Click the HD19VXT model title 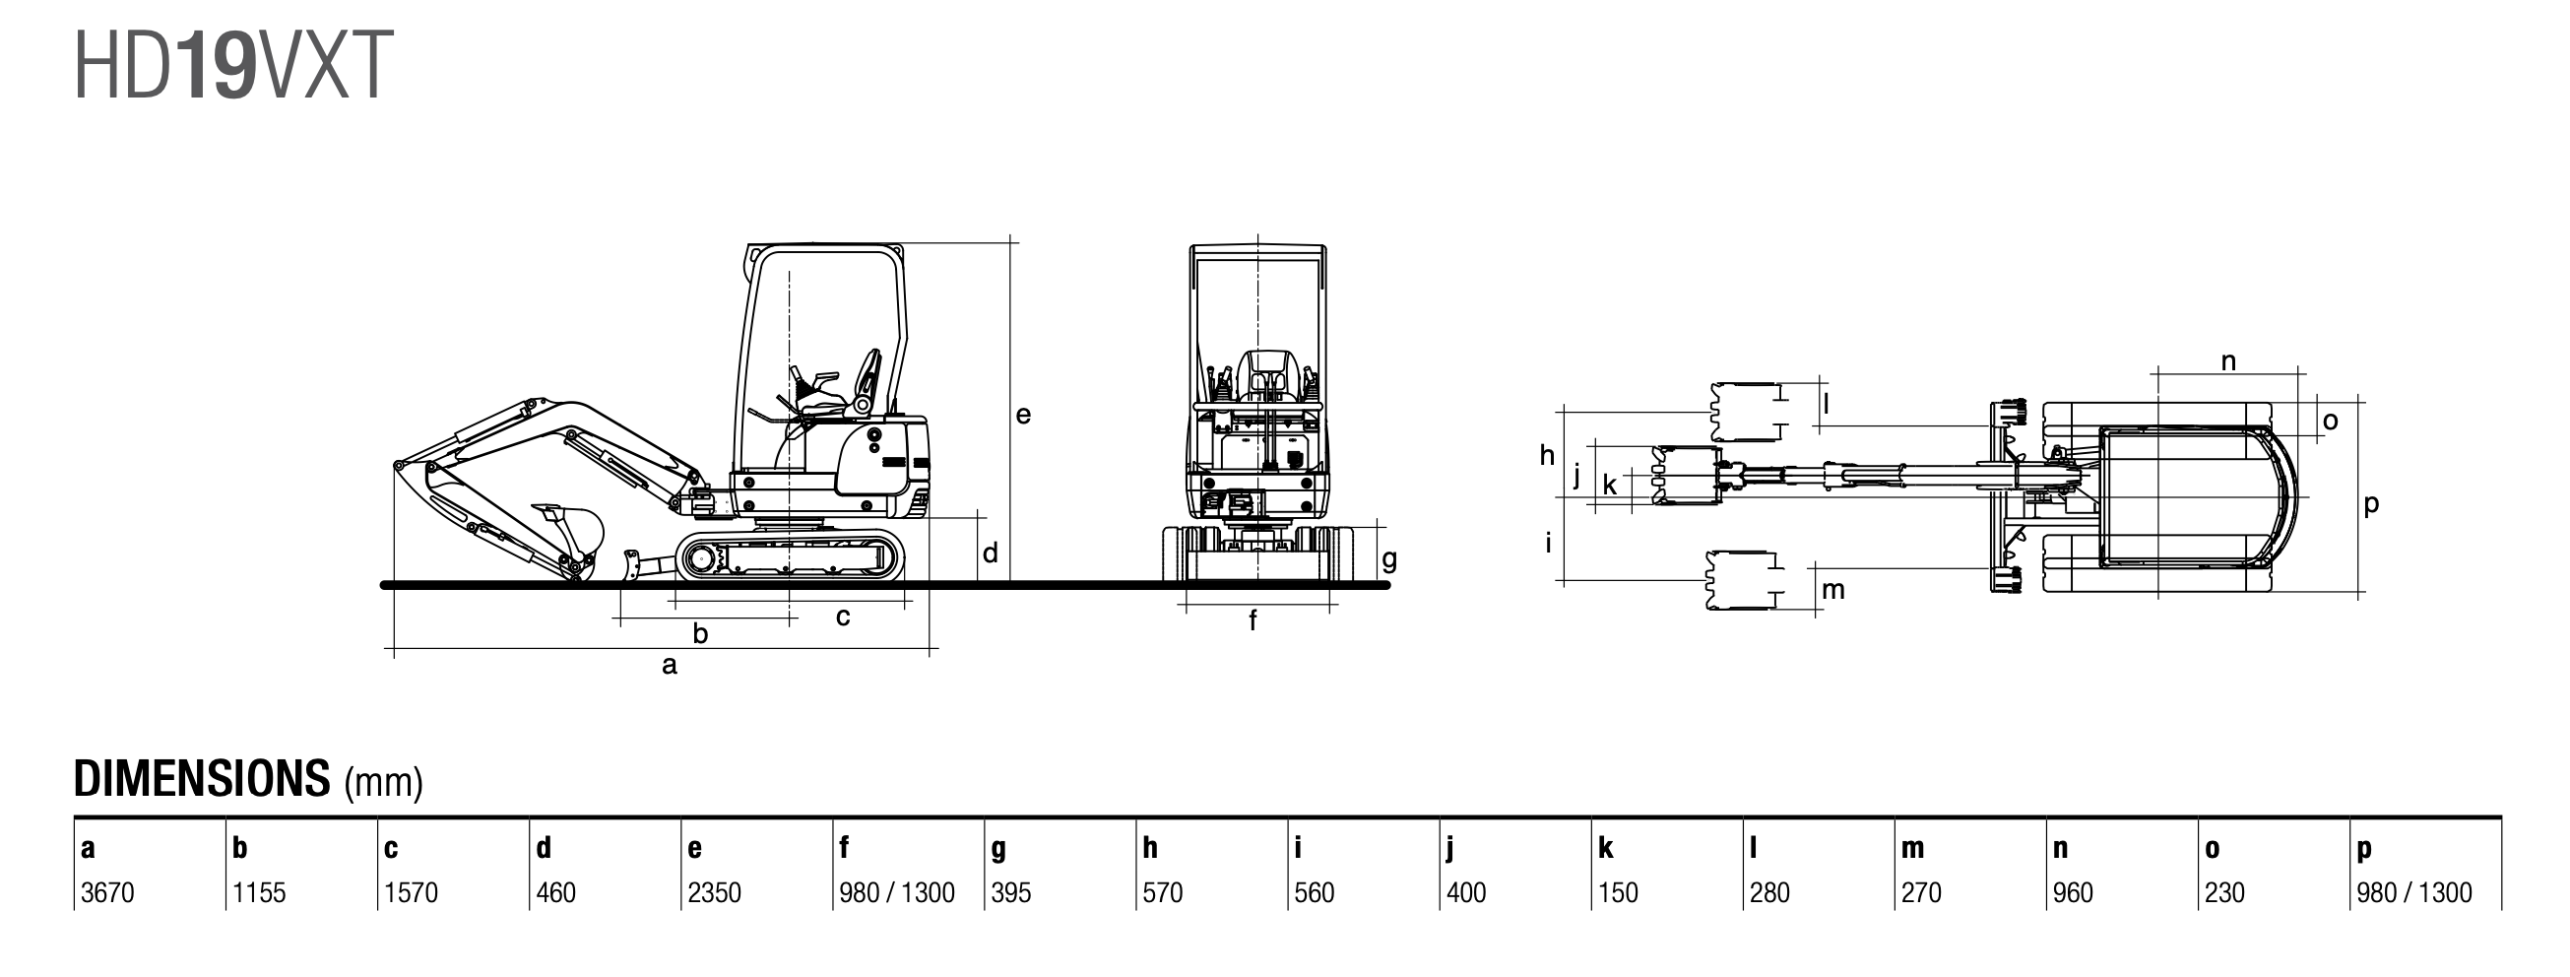tap(233, 66)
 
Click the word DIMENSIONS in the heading tap(202, 778)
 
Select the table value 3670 tap(106, 892)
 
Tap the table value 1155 tap(259, 892)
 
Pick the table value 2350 tap(714, 892)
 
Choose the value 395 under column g tap(1010, 892)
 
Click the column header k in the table tap(1605, 847)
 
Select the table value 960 tap(2073, 892)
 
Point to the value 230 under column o tap(2224, 892)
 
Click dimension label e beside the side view tap(1024, 416)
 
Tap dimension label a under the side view tap(670, 665)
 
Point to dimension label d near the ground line tap(990, 552)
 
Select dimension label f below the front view tap(1253, 620)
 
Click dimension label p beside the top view tap(2371, 505)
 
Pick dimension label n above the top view tap(2228, 361)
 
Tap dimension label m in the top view tap(1833, 590)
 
